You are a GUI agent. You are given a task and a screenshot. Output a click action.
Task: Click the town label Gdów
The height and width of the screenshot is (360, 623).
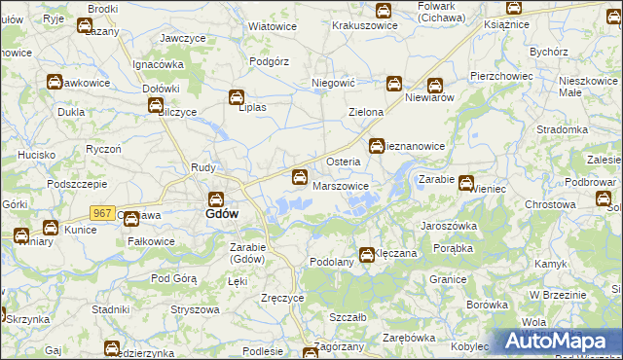[x=217, y=213]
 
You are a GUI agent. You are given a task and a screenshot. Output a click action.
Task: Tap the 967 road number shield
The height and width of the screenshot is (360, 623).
[x=102, y=212]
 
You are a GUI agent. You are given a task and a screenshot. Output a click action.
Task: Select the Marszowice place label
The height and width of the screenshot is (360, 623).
[x=341, y=185]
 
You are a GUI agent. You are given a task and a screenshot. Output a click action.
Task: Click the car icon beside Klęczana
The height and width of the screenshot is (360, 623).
[x=367, y=255]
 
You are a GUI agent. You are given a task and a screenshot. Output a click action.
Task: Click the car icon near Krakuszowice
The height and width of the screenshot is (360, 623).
[x=384, y=11]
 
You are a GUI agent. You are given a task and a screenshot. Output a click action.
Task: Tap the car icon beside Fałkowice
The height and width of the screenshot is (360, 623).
[x=131, y=221]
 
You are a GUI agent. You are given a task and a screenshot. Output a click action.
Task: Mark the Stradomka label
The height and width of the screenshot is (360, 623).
[x=562, y=128]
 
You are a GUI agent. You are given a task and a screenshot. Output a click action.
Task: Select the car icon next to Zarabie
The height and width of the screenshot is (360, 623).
[x=466, y=182]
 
